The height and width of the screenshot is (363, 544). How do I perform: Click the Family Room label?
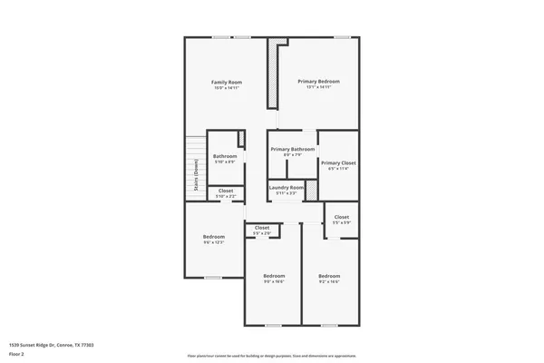pos(227,82)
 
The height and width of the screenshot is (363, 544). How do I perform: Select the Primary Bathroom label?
pos(293,149)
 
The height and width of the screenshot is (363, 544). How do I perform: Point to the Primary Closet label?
pos(338,162)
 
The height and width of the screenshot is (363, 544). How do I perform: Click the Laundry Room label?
pos(287,187)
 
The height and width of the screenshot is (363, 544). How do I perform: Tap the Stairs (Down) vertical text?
pos(196,176)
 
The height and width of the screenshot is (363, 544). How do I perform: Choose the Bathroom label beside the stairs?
pos(225,156)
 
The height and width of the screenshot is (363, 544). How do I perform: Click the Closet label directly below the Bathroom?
pos(226,191)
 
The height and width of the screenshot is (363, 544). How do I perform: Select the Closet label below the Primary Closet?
pos(341,217)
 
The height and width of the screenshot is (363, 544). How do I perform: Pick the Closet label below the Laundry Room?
pos(262,227)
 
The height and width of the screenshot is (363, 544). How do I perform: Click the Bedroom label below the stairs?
pos(213,237)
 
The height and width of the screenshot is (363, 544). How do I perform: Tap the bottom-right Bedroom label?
pos(329,275)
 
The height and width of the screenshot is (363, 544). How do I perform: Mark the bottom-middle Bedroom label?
pos(274,275)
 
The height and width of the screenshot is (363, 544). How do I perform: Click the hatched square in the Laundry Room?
pos(310,190)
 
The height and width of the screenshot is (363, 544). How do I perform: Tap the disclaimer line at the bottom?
pos(271,356)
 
